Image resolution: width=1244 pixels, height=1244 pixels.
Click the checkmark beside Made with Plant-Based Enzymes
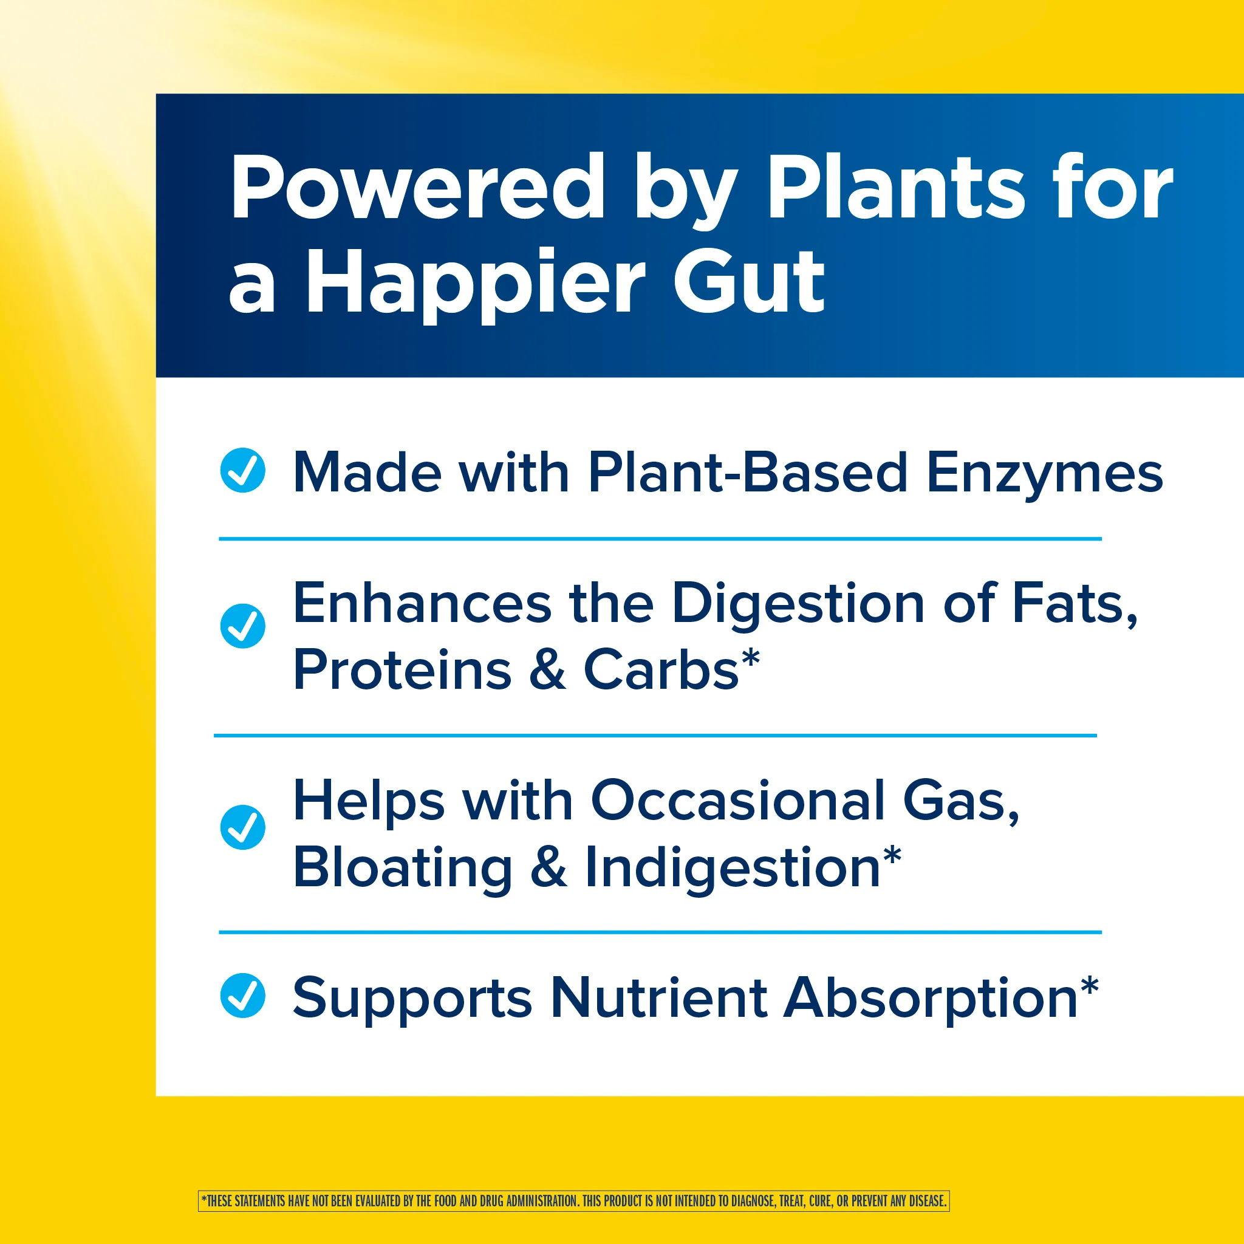[x=243, y=470]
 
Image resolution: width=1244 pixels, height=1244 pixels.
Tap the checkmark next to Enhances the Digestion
[x=243, y=626]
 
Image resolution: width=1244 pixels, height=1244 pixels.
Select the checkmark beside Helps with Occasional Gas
[x=243, y=827]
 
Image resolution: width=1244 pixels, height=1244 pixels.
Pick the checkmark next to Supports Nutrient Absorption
[x=243, y=995]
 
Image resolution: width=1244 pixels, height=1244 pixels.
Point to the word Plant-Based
[x=748, y=473]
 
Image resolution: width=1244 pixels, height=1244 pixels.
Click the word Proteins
[x=403, y=669]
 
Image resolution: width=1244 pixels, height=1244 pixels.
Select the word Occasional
[x=738, y=801]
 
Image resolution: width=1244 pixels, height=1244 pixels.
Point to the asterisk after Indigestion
[x=892, y=856]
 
